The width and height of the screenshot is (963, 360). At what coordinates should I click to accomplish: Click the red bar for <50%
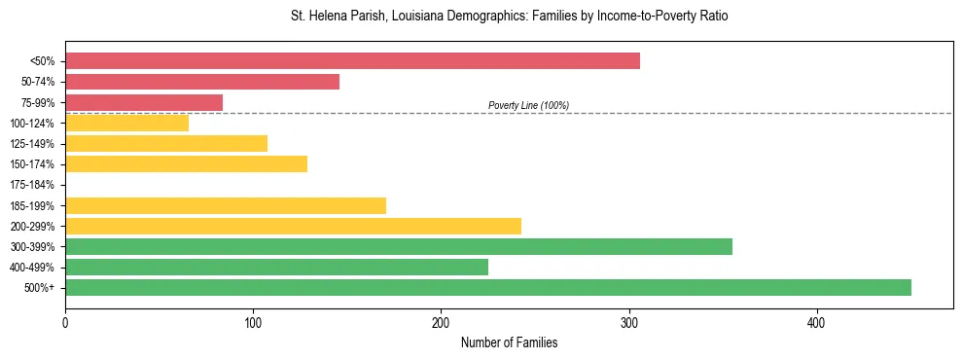pos(352,61)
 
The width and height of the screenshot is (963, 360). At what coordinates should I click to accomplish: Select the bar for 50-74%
pos(202,82)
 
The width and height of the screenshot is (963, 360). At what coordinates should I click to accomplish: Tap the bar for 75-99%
pos(144,102)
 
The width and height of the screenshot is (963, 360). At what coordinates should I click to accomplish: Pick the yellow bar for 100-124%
pos(126,123)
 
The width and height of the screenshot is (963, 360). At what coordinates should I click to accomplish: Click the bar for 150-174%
pos(186,164)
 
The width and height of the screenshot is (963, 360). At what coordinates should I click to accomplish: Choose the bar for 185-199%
pos(226,205)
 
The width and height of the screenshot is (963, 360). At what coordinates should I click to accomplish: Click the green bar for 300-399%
pos(399,246)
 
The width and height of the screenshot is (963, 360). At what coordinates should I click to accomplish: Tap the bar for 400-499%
pos(276,267)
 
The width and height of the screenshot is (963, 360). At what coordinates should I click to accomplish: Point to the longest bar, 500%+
pos(488,287)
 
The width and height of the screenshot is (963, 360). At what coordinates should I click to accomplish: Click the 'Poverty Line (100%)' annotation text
pos(528,105)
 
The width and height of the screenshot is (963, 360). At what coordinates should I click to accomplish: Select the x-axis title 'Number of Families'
pos(509,342)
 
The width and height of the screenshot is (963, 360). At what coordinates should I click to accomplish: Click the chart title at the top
pos(509,17)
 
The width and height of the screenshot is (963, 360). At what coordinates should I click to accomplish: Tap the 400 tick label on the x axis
pos(817,321)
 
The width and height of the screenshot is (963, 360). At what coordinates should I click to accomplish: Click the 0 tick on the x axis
pos(65,321)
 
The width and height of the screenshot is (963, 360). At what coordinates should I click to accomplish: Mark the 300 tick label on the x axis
pos(629,321)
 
